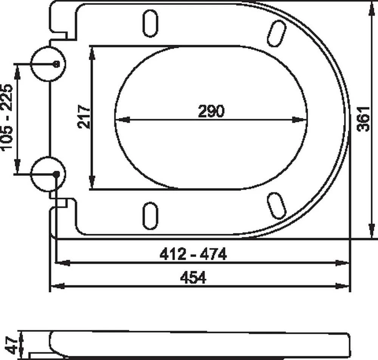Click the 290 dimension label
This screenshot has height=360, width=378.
click(x=211, y=111)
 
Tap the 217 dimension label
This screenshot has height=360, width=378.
click(x=84, y=116)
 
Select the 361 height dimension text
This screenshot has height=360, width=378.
click(x=363, y=119)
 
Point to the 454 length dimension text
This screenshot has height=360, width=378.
click(x=193, y=277)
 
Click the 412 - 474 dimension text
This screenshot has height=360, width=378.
click(x=193, y=254)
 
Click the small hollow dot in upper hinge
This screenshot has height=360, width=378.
click(x=56, y=64)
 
